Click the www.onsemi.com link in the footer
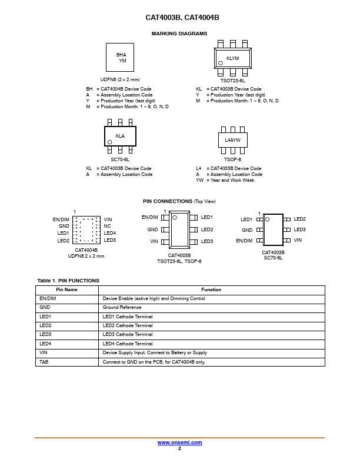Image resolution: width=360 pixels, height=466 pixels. click(x=179, y=442)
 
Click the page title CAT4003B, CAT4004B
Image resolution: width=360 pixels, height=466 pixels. click(x=182, y=18)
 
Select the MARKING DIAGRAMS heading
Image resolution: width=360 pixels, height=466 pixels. click(x=179, y=34)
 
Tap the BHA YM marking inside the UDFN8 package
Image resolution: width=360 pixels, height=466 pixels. click(x=122, y=58)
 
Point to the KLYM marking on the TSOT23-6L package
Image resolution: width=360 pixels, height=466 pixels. click(x=232, y=58)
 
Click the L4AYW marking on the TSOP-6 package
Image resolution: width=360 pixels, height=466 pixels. click(x=232, y=140)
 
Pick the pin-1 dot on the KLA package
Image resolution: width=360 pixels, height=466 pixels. click(x=109, y=142)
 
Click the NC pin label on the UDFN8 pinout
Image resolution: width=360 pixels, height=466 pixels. click(x=107, y=226)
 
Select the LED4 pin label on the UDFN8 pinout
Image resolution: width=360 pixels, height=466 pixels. click(x=110, y=233)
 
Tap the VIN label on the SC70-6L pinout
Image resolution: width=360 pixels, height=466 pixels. click(x=298, y=240)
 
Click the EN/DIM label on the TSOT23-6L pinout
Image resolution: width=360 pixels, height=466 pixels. click(x=149, y=217)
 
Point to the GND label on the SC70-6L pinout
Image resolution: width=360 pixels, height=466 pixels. click(x=247, y=230)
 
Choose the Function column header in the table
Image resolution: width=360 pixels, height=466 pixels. click(x=211, y=289)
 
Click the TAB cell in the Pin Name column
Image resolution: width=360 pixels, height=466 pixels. click(x=44, y=362)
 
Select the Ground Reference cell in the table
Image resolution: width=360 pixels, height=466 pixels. click(x=122, y=307)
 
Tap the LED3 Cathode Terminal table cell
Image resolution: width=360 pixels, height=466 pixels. click(x=128, y=334)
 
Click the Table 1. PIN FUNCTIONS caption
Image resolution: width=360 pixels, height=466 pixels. click(x=68, y=281)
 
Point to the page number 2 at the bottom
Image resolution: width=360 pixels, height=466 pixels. click(x=179, y=448)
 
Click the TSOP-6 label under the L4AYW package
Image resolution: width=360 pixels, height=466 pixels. click(x=232, y=159)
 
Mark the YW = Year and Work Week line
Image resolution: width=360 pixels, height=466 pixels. click(x=225, y=180)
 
